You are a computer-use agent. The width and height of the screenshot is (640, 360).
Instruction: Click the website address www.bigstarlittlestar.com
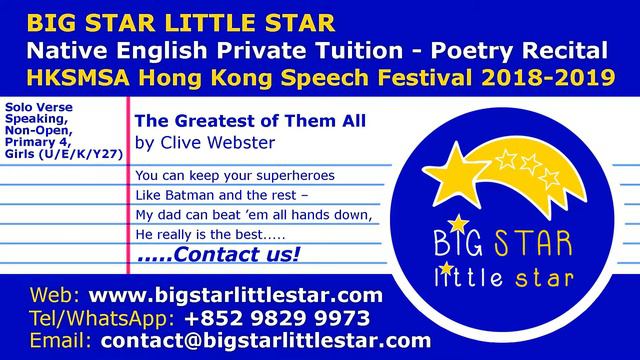pos(236,295)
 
